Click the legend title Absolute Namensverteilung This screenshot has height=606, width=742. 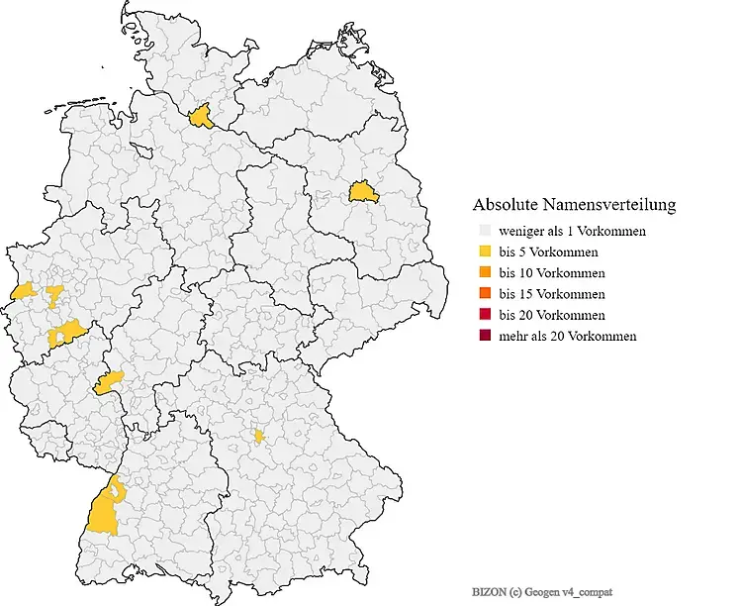(x=574, y=205)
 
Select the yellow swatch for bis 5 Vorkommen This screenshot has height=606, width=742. (x=483, y=252)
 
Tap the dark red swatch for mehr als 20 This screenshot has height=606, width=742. (x=483, y=337)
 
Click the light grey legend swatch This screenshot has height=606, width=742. (x=483, y=231)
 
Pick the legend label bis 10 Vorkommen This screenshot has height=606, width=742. (x=552, y=272)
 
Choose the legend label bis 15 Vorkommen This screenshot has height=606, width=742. (x=552, y=294)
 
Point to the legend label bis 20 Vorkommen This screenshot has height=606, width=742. (x=552, y=315)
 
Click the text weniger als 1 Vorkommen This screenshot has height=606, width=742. (x=573, y=231)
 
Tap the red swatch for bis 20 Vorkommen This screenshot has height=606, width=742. (x=483, y=315)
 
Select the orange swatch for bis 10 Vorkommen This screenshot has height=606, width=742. (x=483, y=272)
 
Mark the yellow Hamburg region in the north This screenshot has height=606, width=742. (x=202, y=117)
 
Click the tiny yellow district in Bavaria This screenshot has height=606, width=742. (x=259, y=436)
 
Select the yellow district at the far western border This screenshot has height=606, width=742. (x=22, y=292)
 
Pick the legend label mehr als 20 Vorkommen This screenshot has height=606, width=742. (x=567, y=337)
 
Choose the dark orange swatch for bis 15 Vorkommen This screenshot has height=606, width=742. (x=483, y=294)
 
